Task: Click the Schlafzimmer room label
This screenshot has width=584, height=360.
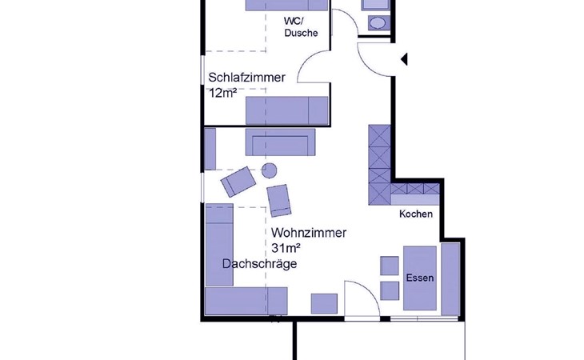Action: pos(246,78)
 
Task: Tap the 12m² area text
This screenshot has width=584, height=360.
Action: pos(222,93)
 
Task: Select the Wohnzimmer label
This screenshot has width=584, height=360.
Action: pos(309,233)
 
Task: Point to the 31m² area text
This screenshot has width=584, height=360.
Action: pos(286,247)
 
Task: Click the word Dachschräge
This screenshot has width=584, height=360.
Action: pos(259,263)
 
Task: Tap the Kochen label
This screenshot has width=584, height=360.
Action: pos(416,214)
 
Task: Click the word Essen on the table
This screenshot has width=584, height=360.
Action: pos(420,278)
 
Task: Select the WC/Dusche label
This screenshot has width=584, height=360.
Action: pos(301,27)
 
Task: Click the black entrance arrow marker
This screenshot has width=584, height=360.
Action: pos(404,59)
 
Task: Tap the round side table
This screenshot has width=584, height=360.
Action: pos(269,170)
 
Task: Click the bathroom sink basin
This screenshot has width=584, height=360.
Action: pos(378,23)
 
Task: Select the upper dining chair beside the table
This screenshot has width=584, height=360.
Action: pos(390,266)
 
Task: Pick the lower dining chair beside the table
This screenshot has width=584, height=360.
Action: pos(390,290)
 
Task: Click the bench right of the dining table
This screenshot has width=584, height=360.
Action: pos(450,279)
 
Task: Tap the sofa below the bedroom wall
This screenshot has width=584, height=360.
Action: pos(280,142)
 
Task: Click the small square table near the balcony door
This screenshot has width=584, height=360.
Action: pos(324,303)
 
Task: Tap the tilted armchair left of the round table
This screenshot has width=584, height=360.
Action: pos(238,182)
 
